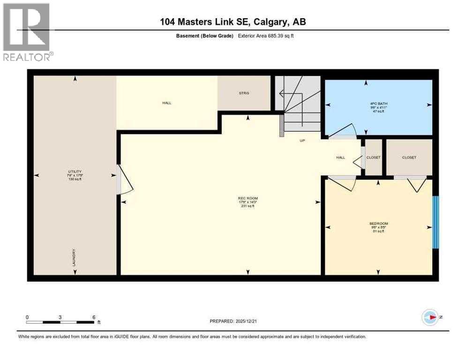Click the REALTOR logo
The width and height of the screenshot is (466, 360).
27,32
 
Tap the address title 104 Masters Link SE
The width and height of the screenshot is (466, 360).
233,22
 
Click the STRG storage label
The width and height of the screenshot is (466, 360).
243,93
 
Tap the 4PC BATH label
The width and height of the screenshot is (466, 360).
378,106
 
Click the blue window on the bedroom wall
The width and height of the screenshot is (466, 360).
435,222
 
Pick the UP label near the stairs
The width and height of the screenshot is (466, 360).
303,140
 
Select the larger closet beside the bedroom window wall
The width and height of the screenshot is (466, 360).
409,158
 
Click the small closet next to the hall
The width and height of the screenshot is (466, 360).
374,158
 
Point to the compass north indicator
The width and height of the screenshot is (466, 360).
430,317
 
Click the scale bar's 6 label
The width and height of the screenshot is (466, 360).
94,317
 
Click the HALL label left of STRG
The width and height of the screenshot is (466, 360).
166,103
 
